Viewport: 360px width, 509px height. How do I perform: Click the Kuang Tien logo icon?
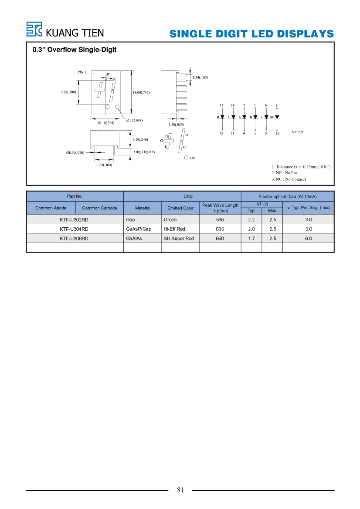coord(34,29)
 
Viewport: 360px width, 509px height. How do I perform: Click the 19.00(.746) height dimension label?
coord(141,92)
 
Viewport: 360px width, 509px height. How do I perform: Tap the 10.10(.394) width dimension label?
coord(106,123)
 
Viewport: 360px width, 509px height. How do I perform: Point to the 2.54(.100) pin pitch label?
coord(200,77)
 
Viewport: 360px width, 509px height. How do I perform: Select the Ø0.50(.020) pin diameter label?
coord(75,152)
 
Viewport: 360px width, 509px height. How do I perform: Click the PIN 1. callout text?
coord(82,72)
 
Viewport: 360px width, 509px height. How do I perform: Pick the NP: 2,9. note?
coord(298,132)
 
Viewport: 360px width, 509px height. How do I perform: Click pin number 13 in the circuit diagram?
coord(221,105)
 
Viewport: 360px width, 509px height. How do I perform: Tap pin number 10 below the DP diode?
coord(278,133)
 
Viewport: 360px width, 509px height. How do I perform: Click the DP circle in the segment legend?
coord(186,158)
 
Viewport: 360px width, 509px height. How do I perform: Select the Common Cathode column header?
coord(99,208)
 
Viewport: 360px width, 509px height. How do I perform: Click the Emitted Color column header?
coord(180,208)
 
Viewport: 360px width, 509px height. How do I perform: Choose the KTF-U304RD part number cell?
coord(74,229)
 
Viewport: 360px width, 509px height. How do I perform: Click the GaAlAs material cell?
coord(134,238)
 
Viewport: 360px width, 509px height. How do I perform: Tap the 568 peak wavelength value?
coord(220,219)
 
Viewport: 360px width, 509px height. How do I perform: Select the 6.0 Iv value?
coord(309,238)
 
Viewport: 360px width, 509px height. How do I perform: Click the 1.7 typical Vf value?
coord(251,238)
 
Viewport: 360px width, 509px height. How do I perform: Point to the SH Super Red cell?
coord(179,238)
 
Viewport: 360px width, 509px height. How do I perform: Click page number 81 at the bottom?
coord(180,490)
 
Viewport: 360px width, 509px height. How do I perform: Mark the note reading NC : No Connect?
coord(289,179)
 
